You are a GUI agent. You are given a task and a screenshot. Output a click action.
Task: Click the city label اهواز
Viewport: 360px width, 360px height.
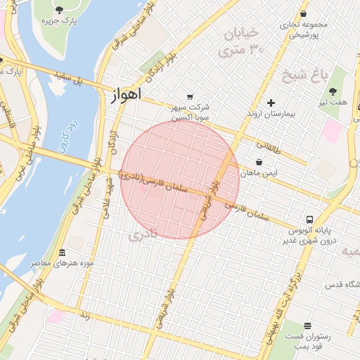[x=126, y=94]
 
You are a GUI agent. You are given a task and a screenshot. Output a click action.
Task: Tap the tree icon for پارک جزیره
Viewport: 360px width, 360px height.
[x=59, y=9]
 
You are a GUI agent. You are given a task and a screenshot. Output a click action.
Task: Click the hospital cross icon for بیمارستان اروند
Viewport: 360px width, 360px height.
[x=271, y=103]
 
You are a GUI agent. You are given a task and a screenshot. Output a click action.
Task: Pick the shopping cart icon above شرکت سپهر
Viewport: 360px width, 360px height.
[x=189, y=97]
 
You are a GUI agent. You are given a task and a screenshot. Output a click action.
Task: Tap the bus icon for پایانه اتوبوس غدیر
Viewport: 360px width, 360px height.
[x=309, y=219]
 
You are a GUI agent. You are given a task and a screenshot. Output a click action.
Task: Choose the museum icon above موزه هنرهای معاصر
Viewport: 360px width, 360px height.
[x=63, y=252]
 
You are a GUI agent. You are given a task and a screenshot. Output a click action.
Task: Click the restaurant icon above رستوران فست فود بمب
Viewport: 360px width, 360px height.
[x=307, y=326]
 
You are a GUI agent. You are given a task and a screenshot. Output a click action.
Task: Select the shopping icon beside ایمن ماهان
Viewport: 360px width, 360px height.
[x=268, y=161]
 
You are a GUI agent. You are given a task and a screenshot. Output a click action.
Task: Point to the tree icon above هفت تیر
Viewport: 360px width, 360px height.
[x=333, y=91]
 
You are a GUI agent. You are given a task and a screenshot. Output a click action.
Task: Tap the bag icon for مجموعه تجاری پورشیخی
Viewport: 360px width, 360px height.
[x=303, y=13]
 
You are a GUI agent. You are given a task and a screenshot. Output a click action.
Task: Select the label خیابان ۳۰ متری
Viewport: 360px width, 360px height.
[x=239, y=41]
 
